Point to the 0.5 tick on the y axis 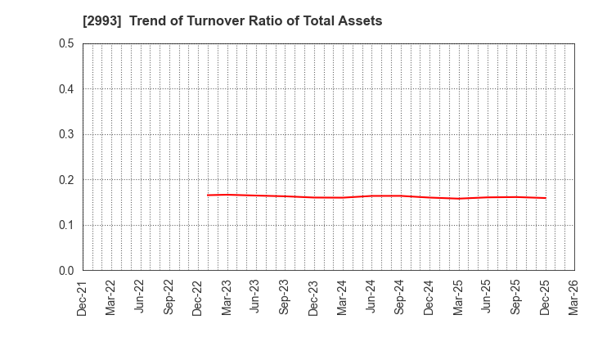(x=66, y=43)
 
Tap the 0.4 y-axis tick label (x=66, y=89)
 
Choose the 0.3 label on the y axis (x=66, y=134)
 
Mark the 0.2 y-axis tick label (x=66, y=180)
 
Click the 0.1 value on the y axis (x=66, y=225)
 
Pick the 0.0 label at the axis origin (x=66, y=271)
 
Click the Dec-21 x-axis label (x=82, y=296)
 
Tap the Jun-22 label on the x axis (x=140, y=296)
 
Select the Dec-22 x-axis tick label (x=198, y=296)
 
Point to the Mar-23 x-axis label (x=227, y=296)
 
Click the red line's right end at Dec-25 (x=546, y=197)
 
